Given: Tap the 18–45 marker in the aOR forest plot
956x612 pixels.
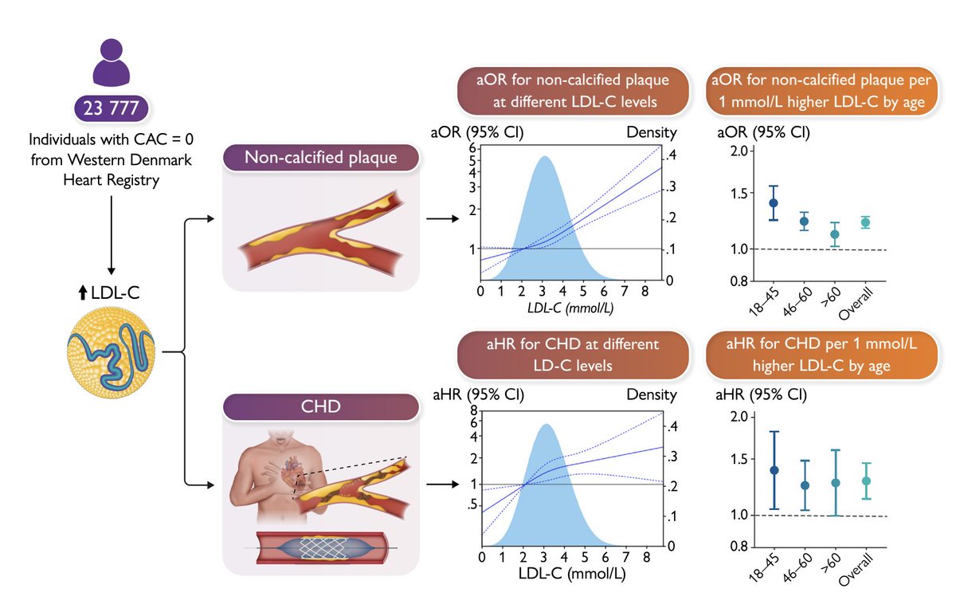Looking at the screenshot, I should (x=750, y=202).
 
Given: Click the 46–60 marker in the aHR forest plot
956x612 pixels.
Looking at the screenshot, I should (x=782, y=485).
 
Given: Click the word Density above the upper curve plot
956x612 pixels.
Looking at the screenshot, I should (x=651, y=133).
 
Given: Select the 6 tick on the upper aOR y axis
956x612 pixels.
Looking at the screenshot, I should (x=472, y=148).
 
